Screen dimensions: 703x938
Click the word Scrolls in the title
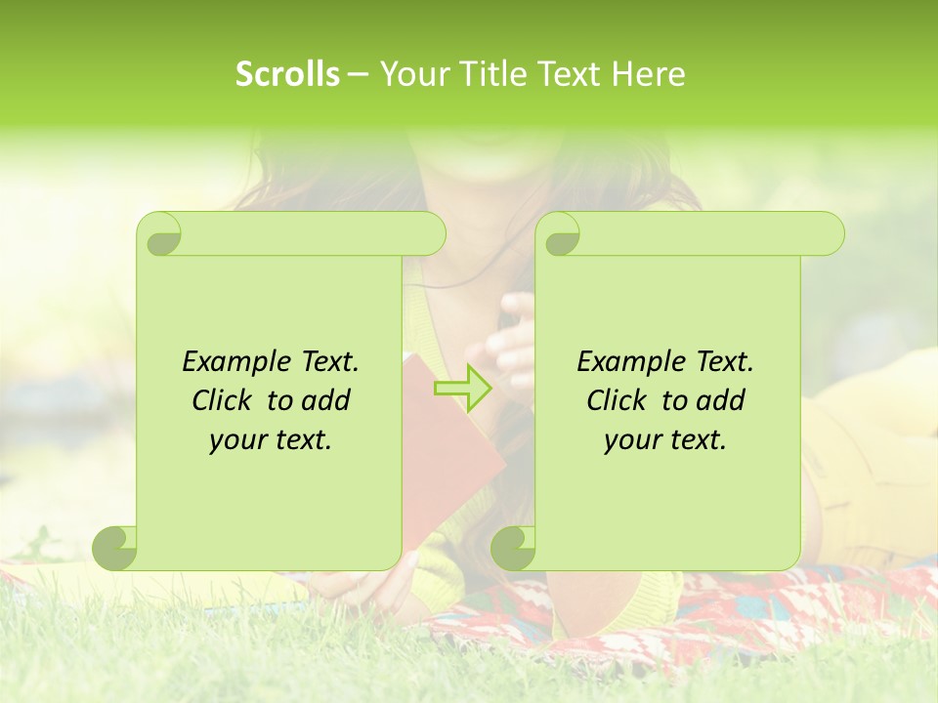pos(287,74)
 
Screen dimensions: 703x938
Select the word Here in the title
pos(648,74)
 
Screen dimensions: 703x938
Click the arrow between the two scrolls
pos(462,389)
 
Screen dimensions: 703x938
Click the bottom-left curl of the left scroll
pos(115,548)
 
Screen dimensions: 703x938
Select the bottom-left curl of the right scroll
pos(513,548)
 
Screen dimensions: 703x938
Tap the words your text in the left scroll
pos(271,439)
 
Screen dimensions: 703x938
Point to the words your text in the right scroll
pos(665,439)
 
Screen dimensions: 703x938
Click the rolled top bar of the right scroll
pos(703,234)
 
